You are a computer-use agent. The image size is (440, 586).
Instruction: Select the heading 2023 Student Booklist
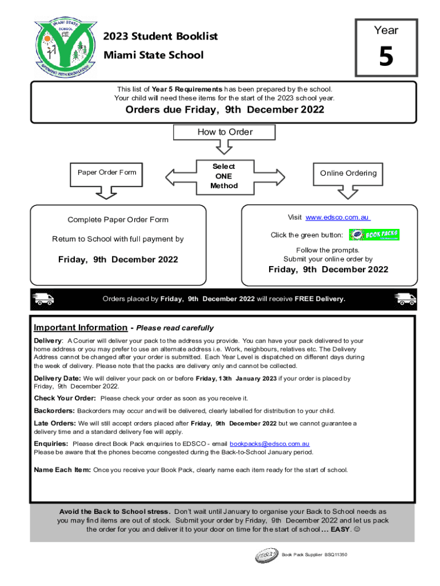(161, 37)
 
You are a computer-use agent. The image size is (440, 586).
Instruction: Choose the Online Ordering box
(348, 173)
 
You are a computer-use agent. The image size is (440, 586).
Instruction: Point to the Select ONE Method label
(223, 176)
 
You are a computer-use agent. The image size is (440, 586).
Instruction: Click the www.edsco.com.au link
(338, 217)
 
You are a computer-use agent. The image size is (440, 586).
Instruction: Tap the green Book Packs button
(374, 235)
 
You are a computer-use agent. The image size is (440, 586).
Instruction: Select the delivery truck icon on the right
(406, 298)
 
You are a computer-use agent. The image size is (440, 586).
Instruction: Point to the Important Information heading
(81, 328)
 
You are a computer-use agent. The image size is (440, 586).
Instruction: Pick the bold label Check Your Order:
(65, 398)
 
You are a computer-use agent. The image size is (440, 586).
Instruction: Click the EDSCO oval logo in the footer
(267, 556)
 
